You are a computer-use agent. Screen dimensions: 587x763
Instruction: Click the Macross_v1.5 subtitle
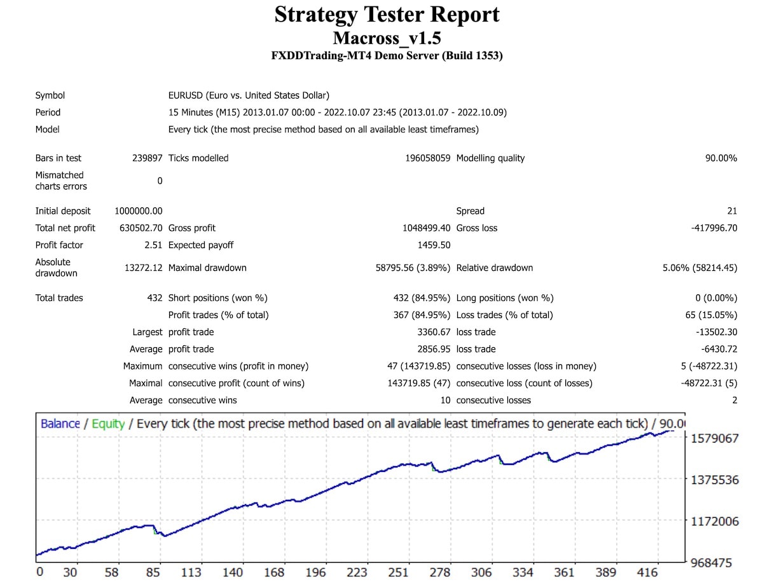(387, 38)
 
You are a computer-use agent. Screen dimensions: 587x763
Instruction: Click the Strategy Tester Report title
(387, 15)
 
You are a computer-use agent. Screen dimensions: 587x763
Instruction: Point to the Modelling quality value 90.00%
(720, 158)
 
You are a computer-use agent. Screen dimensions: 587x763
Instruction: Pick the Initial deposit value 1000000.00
(138, 211)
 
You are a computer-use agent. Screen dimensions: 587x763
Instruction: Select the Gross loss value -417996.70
(713, 228)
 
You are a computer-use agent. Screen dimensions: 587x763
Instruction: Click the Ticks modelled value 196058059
(427, 158)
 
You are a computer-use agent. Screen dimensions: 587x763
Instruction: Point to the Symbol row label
(50, 95)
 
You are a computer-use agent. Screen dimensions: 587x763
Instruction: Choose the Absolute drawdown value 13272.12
(143, 268)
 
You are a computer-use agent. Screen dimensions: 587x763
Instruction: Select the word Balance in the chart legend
(60, 424)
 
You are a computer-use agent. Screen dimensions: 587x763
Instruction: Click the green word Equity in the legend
(108, 424)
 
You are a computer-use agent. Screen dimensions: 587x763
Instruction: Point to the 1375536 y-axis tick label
(715, 480)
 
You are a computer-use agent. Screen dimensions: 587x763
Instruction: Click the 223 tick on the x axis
(357, 572)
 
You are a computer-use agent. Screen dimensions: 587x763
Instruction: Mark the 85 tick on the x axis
(153, 572)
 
